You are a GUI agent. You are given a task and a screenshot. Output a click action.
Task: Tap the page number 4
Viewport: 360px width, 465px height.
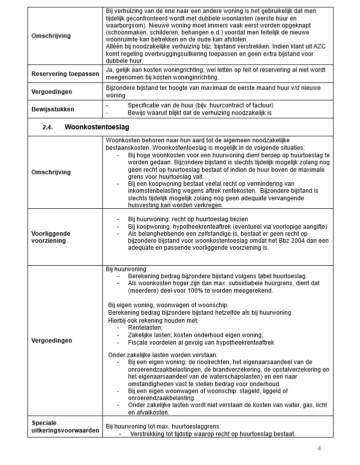click(319, 448)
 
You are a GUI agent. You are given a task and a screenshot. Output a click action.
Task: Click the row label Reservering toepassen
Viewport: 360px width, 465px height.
click(65, 74)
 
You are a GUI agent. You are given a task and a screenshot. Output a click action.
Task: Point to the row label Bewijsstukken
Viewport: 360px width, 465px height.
click(53, 109)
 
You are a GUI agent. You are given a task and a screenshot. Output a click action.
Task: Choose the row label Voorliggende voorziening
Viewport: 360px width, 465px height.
click(51, 237)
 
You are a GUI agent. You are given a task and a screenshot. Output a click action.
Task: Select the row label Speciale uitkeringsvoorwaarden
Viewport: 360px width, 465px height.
click(65, 427)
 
